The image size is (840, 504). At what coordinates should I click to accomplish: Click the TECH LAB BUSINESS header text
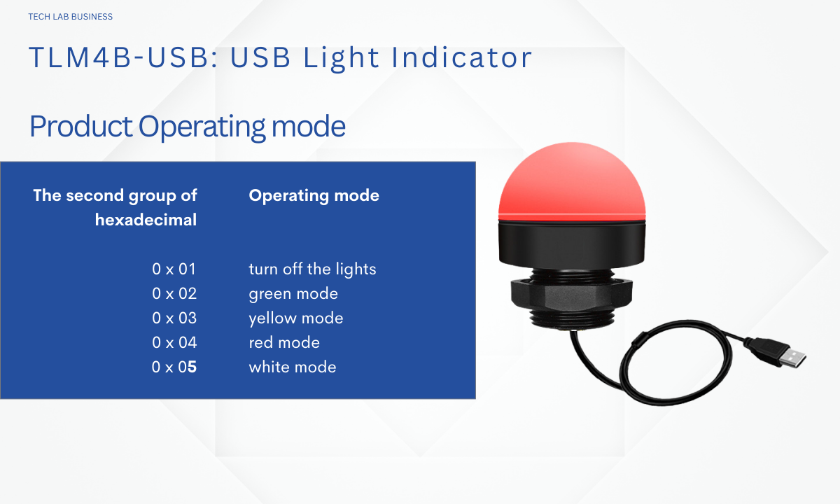point(71,17)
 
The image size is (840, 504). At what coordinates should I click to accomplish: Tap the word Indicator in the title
point(461,57)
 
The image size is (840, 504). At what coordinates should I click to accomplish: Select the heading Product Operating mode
point(188,127)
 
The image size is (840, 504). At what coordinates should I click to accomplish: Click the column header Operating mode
point(314,196)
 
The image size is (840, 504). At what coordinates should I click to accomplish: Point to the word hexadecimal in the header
point(146,220)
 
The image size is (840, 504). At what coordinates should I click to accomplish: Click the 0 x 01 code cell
point(174,269)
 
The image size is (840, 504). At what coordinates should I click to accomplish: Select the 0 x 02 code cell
point(174,293)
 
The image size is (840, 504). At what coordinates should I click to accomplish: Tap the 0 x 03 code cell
point(174,318)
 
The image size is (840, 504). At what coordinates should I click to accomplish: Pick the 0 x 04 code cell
point(174,342)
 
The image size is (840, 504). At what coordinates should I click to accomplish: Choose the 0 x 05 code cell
point(174,367)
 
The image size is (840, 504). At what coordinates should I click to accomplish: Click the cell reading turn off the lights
point(312,269)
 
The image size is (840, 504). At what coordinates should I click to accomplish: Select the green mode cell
point(293,294)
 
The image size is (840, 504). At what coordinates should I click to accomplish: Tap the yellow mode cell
point(296,318)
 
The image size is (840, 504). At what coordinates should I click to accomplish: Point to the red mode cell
point(284,342)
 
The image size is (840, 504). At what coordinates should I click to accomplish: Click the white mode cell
point(293,367)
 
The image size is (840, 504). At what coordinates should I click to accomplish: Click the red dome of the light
point(572,182)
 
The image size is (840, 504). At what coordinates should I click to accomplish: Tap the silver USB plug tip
point(792,358)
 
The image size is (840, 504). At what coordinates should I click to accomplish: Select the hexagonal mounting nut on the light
point(571,296)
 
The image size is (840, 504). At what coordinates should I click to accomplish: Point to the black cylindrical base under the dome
point(572,244)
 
